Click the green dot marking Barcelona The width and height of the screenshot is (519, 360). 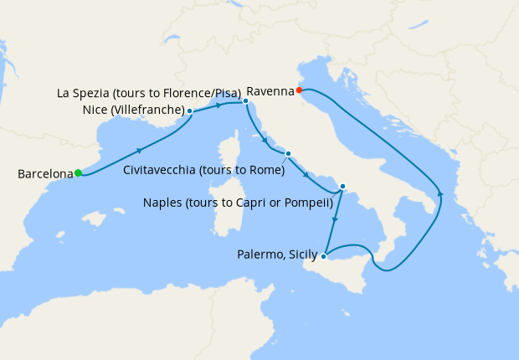coord(78,173)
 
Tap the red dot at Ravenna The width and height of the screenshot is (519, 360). coord(299,90)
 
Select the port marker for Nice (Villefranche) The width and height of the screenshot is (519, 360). coord(190,111)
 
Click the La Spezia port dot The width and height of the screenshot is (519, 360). coord(245,101)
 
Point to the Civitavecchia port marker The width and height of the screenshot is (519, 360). coord(288,153)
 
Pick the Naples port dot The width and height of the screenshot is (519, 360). coord(342,187)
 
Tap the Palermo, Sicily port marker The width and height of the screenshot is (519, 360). coord(323,256)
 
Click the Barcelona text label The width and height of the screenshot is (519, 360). coord(45,174)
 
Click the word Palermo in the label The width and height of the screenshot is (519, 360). coord(258,256)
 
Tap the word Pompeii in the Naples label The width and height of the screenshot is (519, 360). coord(307,203)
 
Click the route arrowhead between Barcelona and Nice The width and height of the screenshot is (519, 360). coord(138,150)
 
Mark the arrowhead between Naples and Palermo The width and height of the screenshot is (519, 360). coord(335,220)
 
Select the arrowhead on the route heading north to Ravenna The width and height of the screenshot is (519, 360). coord(440,195)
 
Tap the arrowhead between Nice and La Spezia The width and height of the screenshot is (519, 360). coord(219,105)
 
